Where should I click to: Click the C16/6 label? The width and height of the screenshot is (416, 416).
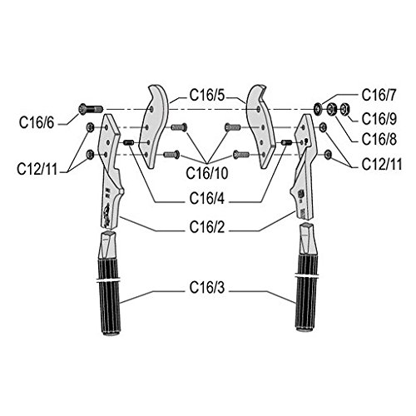pos(37,122)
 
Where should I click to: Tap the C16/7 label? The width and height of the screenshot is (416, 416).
pos(379,95)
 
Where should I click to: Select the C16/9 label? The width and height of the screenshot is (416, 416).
pos(379,119)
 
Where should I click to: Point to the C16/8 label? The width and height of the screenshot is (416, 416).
pos(379,139)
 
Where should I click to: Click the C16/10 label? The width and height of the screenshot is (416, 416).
pos(207,173)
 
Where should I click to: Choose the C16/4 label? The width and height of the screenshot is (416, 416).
pos(207,199)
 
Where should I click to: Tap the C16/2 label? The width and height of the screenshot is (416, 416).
pos(207,227)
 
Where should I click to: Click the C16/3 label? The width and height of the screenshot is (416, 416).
pos(207,288)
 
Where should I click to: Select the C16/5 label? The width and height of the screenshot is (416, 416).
pos(207,95)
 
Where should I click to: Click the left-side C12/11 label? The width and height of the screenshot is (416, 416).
pos(37,169)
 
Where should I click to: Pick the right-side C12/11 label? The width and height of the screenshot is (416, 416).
pos(382,164)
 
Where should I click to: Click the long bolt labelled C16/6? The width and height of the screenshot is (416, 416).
pos(91,109)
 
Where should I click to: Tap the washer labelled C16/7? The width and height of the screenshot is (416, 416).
pos(318,108)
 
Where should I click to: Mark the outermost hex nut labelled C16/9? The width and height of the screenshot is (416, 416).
pos(344,108)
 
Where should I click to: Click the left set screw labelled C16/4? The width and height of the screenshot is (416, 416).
pos(129,142)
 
